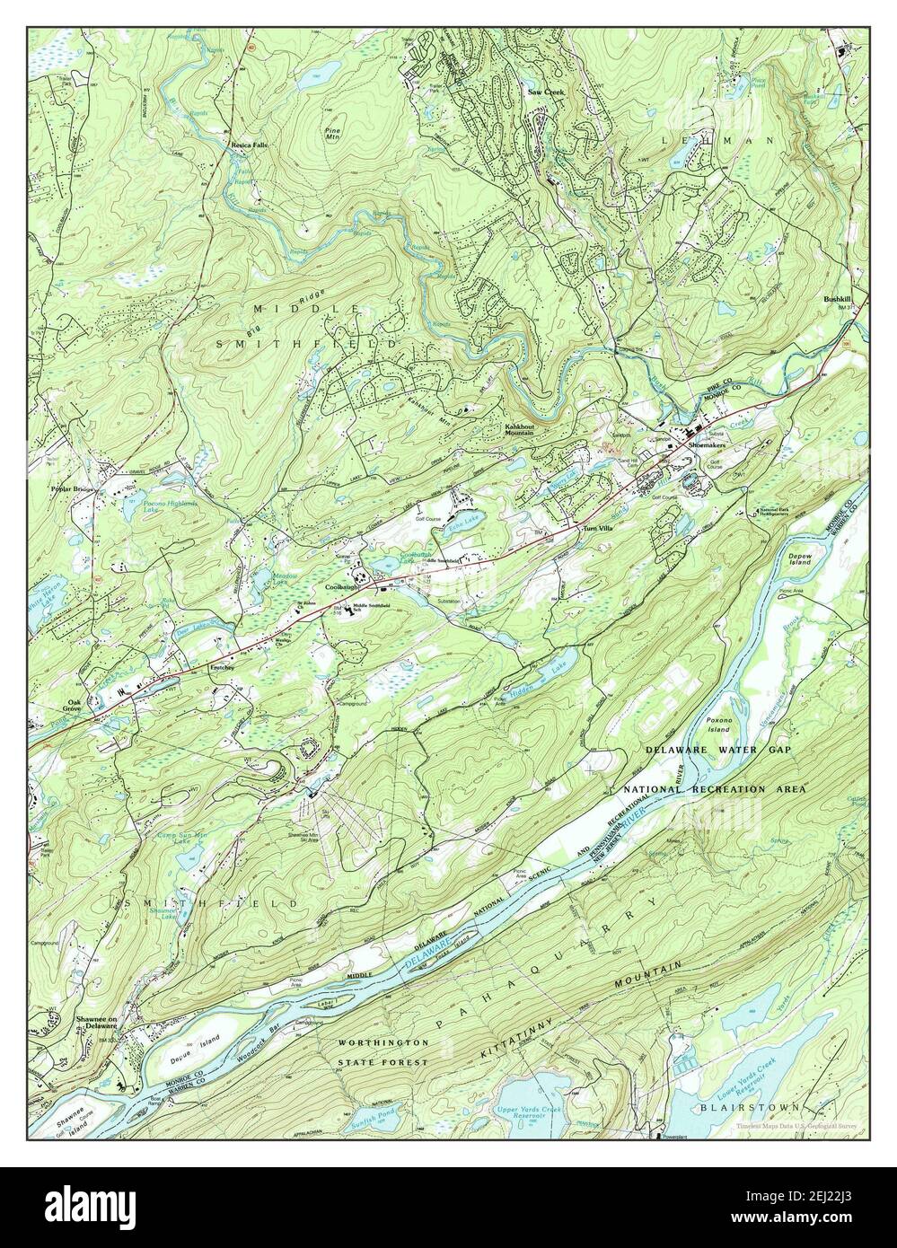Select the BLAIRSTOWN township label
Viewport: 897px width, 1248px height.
tap(744, 1108)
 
